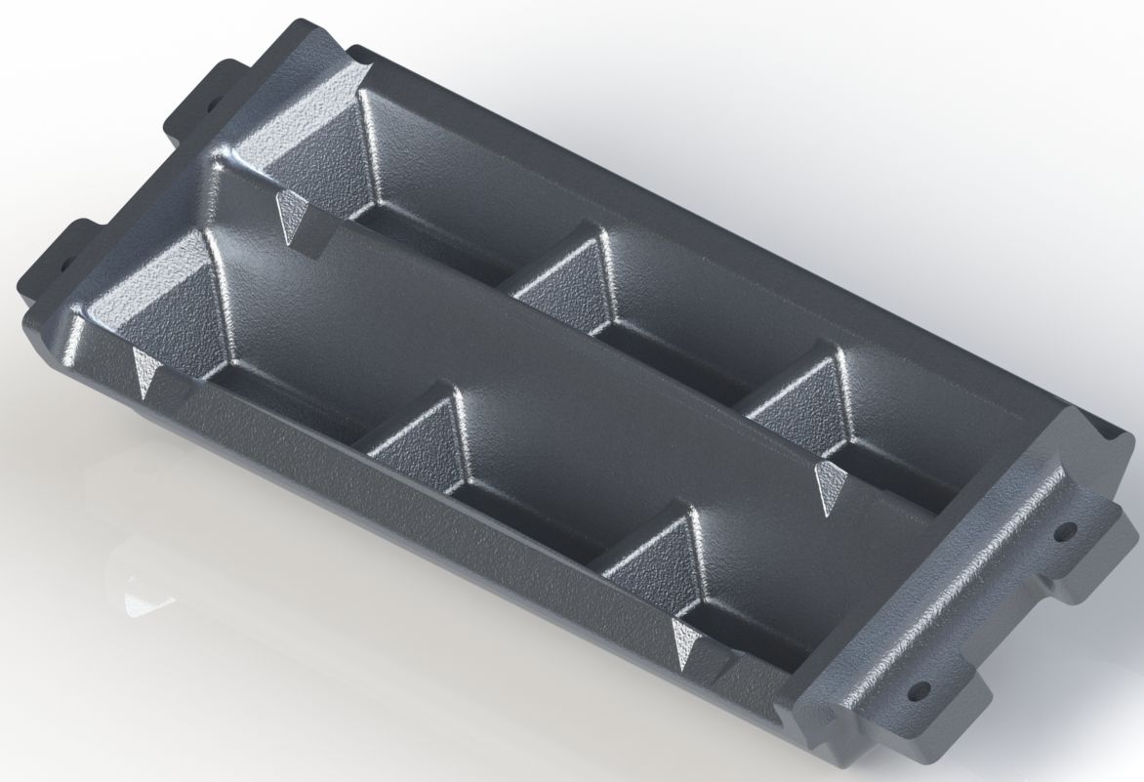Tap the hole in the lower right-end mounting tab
coord(917,691)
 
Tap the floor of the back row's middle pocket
coord(674,361)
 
